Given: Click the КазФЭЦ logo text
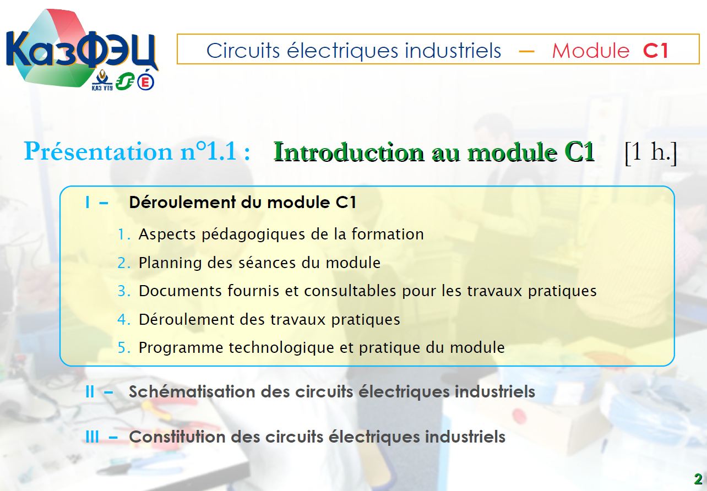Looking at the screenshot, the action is click(x=81, y=50).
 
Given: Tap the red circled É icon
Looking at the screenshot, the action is click(x=145, y=81).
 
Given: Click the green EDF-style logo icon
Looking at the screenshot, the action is click(x=124, y=81).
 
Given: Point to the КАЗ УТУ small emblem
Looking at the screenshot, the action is click(x=102, y=81).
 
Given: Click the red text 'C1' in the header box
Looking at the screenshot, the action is click(x=656, y=51).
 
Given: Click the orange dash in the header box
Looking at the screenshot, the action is click(x=527, y=51).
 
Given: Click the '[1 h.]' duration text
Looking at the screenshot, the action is click(x=651, y=152).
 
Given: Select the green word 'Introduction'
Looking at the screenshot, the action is click(x=349, y=152).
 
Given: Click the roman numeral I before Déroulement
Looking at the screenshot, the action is click(x=88, y=202).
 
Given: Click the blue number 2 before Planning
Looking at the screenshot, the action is click(x=121, y=263).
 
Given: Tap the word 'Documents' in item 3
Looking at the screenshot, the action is click(x=180, y=291).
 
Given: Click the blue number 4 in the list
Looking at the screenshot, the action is click(x=122, y=319).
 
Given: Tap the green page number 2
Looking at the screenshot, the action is click(x=698, y=479).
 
